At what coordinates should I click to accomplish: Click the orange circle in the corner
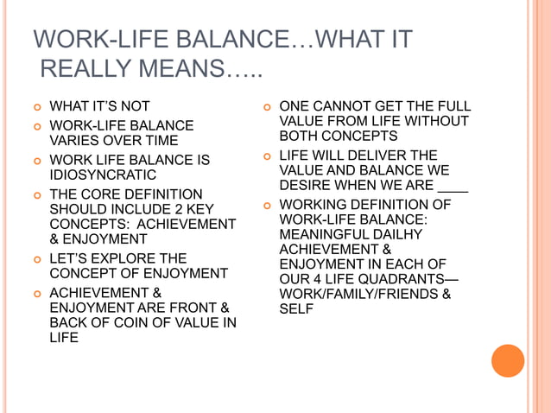[508, 360]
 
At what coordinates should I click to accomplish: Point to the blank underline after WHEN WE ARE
[453, 186]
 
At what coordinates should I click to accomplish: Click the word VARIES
[76, 140]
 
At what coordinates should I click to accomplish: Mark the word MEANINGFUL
[320, 233]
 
